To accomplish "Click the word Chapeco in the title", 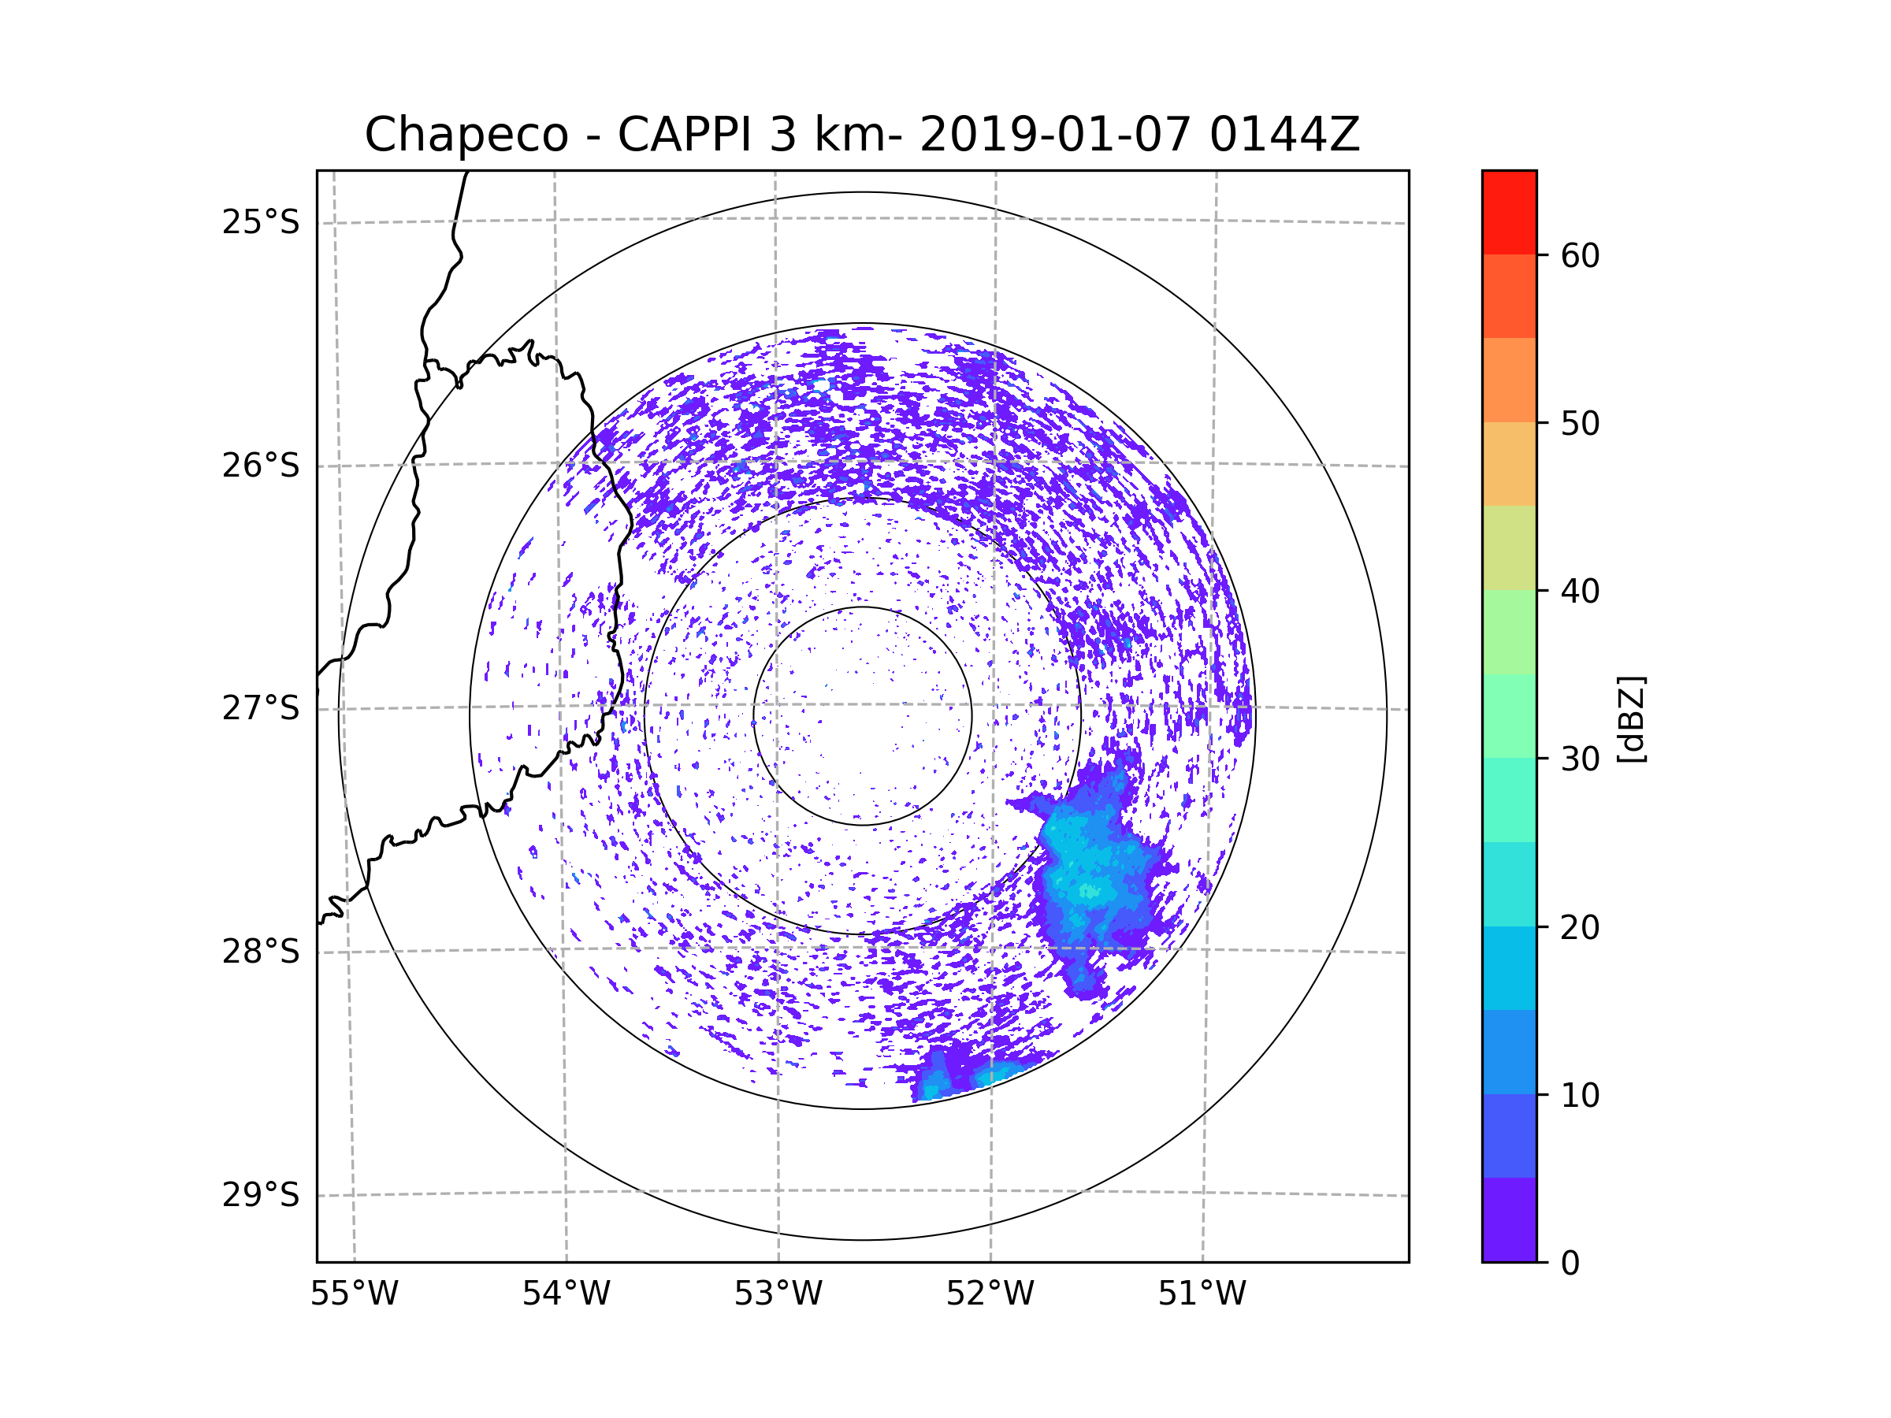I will click(466, 135).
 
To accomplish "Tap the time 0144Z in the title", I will click(1284, 135).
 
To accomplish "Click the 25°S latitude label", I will click(261, 222).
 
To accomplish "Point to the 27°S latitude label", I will click(261, 707).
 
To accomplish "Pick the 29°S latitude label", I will click(261, 1194).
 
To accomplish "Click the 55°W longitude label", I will click(354, 1294).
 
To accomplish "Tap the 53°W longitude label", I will click(778, 1294).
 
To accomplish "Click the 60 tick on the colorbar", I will click(1580, 255).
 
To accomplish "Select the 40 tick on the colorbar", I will click(1580, 591).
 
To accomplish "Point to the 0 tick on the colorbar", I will click(1570, 1263).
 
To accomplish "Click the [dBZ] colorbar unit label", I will click(1631, 718).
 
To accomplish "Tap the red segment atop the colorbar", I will click(1509, 212).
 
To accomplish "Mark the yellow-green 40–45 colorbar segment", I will click(1509, 548).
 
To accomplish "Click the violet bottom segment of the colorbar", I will click(1509, 1219).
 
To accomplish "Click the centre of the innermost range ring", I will click(863, 715).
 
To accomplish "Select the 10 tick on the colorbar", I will click(1580, 1095).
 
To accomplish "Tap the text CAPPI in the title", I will click(684, 135).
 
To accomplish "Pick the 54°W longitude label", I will click(566, 1294).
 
